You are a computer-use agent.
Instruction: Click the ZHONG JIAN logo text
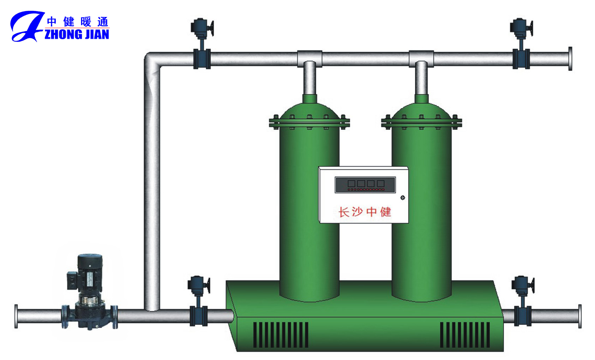77,34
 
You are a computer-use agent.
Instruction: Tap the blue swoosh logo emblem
26,26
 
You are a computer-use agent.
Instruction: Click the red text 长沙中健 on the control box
365,212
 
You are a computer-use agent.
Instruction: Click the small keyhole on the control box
403,198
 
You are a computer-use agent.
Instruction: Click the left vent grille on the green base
281,335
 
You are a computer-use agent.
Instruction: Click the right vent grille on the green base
464,335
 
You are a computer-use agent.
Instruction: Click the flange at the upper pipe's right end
570,59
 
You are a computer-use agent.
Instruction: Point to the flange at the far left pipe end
16,316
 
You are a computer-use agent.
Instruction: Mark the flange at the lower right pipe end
579,316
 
